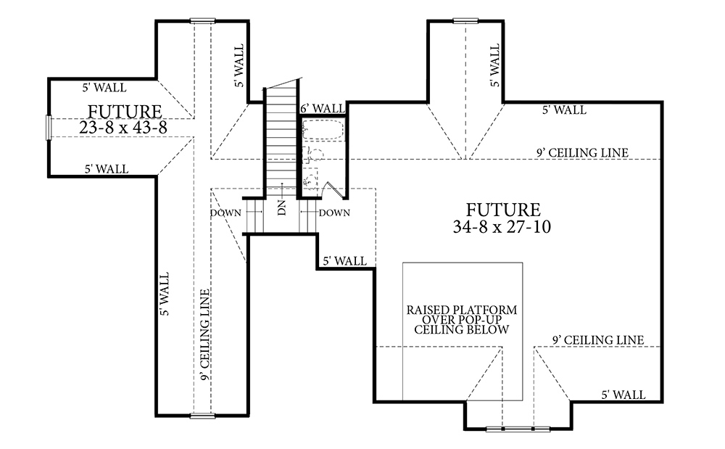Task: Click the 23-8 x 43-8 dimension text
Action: (123, 127)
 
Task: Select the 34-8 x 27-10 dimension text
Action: (502, 226)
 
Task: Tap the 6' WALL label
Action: (323, 109)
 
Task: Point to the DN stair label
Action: (282, 207)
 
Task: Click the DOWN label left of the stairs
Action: (226, 213)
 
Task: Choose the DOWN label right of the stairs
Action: (334, 213)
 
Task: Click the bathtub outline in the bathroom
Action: (323, 131)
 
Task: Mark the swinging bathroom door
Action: (335, 190)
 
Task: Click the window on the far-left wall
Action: (48, 127)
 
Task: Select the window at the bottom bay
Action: (518, 429)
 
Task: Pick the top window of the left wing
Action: (202, 20)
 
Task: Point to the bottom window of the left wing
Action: (202, 416)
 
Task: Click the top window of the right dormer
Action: (465, 20)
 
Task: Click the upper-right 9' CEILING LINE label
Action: (582, 152)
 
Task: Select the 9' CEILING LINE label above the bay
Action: (598, 340)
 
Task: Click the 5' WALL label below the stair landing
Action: (344, 261)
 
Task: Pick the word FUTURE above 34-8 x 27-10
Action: (503, 210)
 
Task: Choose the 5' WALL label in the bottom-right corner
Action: (623, 395)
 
